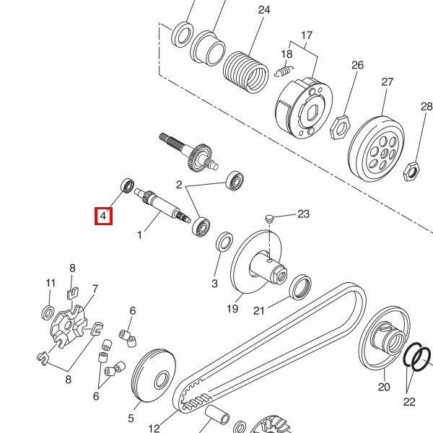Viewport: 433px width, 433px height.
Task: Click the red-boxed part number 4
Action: tap(103, 216)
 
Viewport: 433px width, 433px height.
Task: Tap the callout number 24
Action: tap(264, 10)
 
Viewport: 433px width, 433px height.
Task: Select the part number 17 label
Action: tap(307, 35)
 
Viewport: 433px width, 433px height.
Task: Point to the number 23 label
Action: tap(304, 214)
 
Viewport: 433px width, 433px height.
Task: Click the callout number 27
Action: tap(387, 82)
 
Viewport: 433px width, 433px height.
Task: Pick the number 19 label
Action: tap(232, 308)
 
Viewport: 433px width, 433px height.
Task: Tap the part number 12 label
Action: tap(154, 428)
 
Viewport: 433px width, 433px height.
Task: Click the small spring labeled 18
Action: tap(284, 71)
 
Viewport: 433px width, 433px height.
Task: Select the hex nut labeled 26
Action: tap(340, 128)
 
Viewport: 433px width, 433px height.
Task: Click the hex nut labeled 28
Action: tap(411, 172)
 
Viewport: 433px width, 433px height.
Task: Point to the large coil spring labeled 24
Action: tap(246, 71)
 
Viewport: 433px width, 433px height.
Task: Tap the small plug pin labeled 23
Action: tap(269, 219)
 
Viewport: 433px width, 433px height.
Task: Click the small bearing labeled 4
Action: tap(128, 185)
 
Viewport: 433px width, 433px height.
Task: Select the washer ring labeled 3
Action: tap(224, 242)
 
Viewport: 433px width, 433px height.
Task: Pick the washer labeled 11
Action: tap(48, 313)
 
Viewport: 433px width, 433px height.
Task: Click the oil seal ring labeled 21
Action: tap(300, 287)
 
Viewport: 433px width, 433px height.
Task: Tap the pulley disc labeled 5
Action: tap(154, 375)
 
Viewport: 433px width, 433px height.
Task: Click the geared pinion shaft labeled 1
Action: tap(162, 205)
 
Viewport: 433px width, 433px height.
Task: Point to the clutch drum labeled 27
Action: tap(376, 148)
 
